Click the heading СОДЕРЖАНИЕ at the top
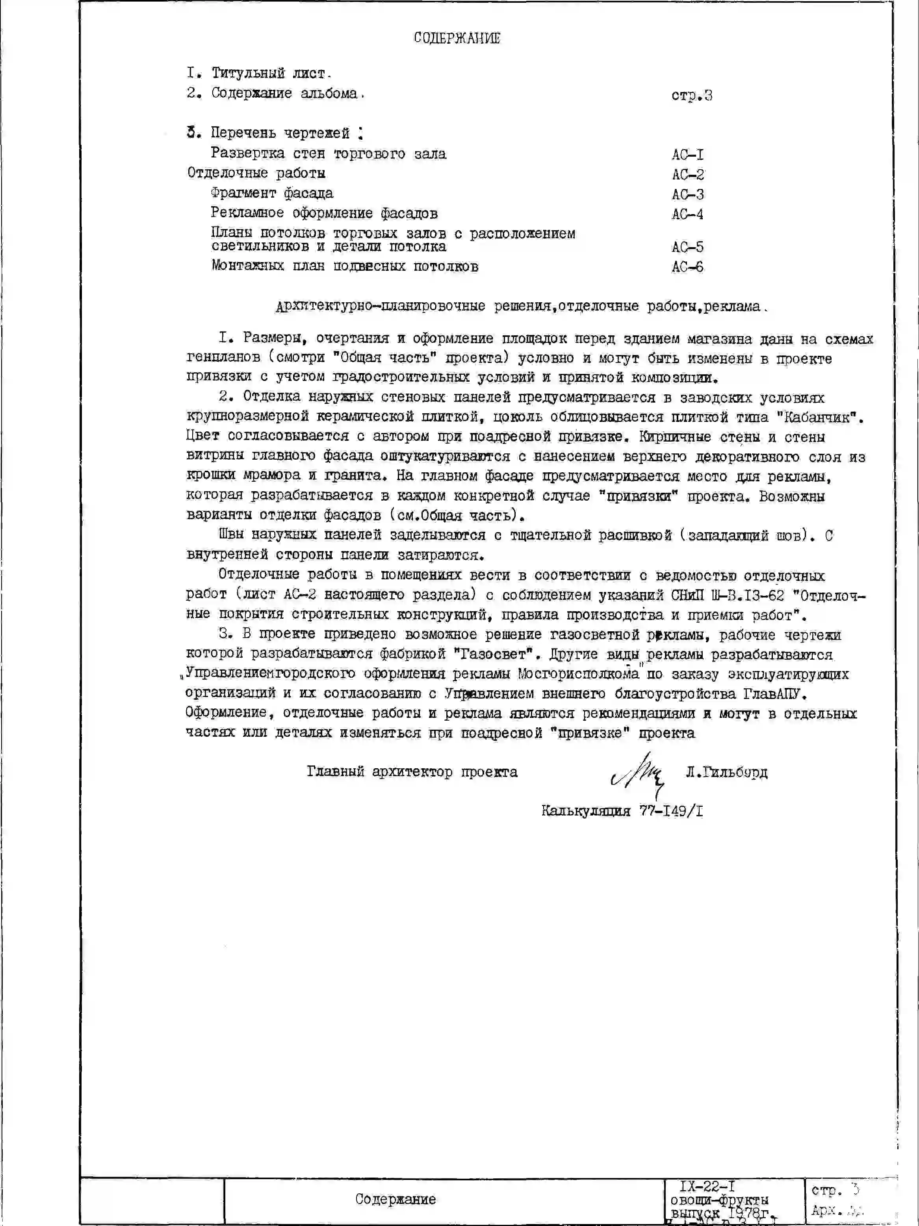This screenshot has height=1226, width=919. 457,38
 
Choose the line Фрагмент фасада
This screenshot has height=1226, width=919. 272,193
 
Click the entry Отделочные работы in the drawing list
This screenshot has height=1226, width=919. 256,174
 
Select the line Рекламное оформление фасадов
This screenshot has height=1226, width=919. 324,213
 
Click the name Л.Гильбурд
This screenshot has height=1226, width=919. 726,772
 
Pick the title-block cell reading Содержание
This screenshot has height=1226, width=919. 395,1199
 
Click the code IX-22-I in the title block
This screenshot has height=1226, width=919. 707,1187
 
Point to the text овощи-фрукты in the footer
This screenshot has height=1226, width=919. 719,1200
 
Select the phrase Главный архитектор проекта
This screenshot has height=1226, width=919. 412,772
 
